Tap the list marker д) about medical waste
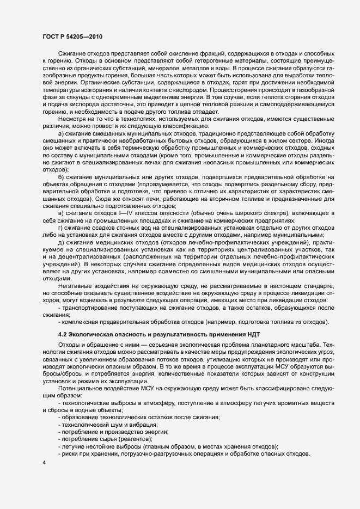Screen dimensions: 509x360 point(61,241)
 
